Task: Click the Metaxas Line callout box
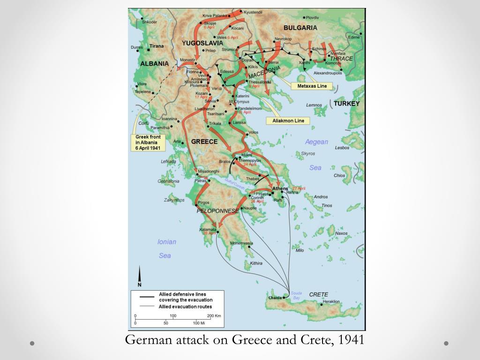pyautogui.click(x=312, y=86)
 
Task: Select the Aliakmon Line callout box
pyautogui.click(x=288, y=120)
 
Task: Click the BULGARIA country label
pyautogui.click(x=300, y=28)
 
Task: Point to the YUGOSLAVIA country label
pyautogui.click(x=202, y=43)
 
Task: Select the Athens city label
pyautogui.click(x=280, y=188)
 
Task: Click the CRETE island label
pyautogui.click(x=318, y=294)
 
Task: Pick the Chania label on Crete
pyautogui.click(x=275, y=298)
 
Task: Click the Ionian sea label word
pyautogui.click(x=167, y=242)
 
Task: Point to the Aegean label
pyautogui.click(x=316, y=142)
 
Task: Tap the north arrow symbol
pyautogui.click(x=139, y=277)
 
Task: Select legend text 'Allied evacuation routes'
pyautogui.click(x=185, y=307)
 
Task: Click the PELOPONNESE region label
pyautogui.click(x=217, y=211)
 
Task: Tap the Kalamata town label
pyautogui.click(x=208, y=229)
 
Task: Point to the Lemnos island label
pyautogui.click(x=314, y=105)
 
